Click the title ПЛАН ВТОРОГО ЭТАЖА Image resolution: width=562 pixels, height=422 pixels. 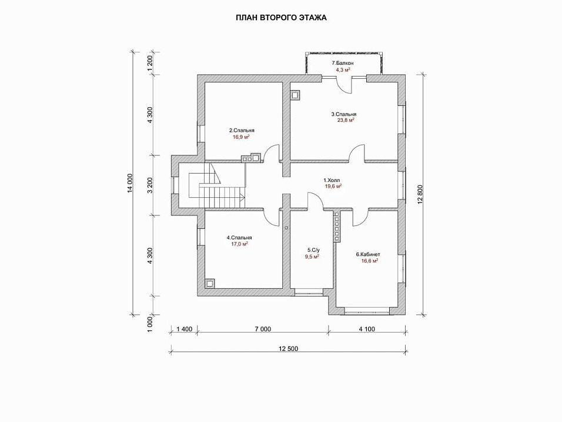(281, 18)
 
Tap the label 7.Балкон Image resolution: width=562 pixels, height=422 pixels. (343, 63)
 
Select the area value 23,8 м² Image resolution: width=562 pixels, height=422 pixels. (343, 120)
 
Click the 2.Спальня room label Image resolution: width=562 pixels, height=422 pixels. (242, 130)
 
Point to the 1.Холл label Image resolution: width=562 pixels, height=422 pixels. (332, 180)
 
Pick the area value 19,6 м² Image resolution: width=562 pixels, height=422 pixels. (333, 186)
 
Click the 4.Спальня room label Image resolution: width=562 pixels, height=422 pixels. (239, 238)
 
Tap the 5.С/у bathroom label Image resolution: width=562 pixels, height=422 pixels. (313, 250)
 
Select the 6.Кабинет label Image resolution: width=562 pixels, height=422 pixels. (367, 254)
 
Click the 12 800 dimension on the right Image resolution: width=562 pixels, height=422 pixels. (420, 192)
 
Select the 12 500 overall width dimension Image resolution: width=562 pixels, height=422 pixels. (288, 348)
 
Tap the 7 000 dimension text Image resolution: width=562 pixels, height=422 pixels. (262, 329)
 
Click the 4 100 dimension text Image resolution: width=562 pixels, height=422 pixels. (366, 329)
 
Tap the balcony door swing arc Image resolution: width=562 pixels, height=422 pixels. (344, 84)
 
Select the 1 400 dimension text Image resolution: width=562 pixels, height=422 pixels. (184, 329)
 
